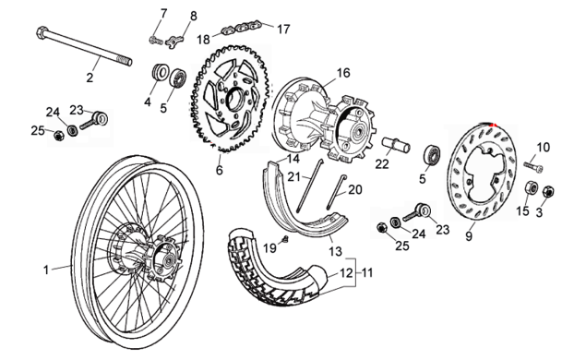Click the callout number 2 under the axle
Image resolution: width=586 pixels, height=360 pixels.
(x=90, y=78)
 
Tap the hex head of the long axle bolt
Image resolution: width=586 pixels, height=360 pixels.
(x=42, y=32)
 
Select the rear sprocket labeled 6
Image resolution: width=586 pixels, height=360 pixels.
(x=229, y=99)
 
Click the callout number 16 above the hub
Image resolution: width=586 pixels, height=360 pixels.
(x=343, y=73)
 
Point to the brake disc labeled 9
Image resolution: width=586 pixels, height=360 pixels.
(x=482, y=171)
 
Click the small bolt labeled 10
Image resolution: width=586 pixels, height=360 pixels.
(x=532, y=166)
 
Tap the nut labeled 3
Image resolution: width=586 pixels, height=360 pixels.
(x=549, y=191)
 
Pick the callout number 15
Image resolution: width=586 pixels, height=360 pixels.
(x=523, y=210)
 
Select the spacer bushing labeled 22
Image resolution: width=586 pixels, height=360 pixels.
(x=396, y=145)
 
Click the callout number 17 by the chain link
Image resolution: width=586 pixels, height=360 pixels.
(x=283, y=29)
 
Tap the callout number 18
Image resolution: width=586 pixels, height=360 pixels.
(x=204, y=40)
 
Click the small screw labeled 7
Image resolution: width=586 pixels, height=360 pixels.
(x=156, y=40)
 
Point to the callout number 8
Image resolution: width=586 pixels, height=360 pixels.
(x=193, y=16)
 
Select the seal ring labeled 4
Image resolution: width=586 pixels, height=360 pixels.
(x=161, y=72)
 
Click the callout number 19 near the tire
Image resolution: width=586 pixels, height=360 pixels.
(x=269, y=247)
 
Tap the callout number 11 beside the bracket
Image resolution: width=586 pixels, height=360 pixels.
(x=367, y=272)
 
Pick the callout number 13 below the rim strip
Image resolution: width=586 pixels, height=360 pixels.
(x=335, y=251)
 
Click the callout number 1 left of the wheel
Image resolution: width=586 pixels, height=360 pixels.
(x=46, y=270)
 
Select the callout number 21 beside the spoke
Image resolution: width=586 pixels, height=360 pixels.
(x=293, y=176)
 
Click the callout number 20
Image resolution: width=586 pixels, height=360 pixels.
(x=355, y=189)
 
